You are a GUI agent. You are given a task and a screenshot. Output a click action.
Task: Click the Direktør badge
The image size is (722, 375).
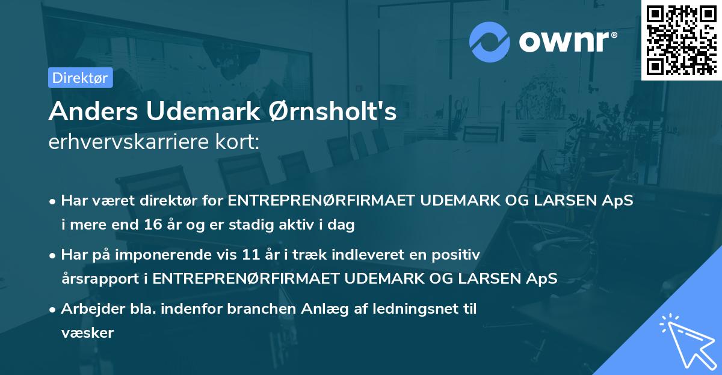80,78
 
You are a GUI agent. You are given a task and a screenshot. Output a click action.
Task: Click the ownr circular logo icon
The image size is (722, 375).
490,41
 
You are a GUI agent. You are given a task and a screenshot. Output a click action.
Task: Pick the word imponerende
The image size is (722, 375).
170,254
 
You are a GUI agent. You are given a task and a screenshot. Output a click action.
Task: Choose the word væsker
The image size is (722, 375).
87,332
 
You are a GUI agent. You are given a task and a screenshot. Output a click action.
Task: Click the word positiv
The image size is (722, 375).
458,254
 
